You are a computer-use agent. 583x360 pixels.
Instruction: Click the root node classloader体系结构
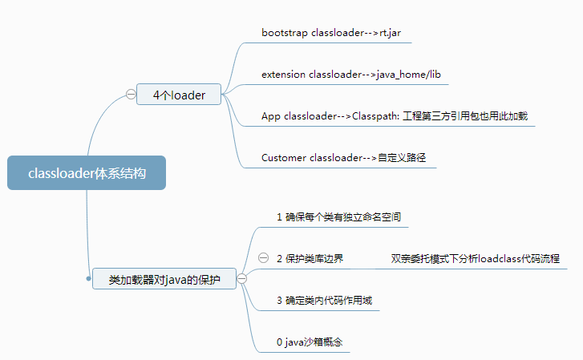87,172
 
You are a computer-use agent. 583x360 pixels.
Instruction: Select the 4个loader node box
179,95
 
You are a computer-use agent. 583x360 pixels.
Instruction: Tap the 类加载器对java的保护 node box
164,279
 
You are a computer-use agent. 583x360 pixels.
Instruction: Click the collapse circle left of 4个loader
131,95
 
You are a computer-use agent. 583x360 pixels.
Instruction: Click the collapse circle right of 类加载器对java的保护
241,279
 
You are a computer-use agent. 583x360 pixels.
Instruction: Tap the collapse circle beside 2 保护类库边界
263,258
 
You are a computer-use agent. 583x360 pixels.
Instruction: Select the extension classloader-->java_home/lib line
350,75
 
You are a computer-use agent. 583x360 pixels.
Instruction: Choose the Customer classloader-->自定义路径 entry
348,157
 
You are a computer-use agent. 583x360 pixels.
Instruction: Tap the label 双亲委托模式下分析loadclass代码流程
475,258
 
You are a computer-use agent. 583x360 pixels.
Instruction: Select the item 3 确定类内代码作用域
323,301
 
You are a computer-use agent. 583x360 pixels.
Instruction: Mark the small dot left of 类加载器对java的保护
88,279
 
